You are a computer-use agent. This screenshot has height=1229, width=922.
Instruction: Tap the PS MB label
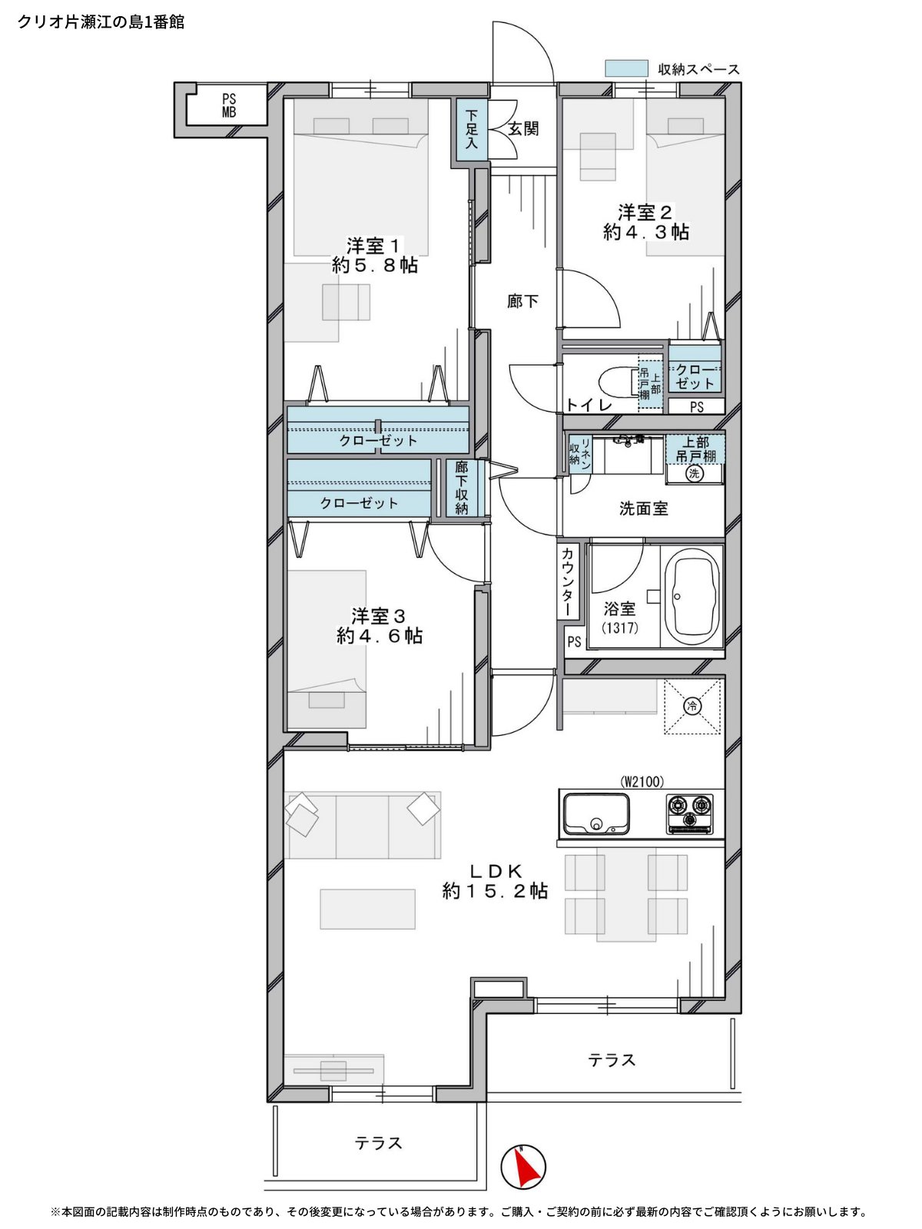coord(229,105)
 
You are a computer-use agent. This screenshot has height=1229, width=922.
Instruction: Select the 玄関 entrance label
coord(523,129)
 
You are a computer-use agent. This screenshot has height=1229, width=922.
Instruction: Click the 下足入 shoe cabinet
coord(471,129)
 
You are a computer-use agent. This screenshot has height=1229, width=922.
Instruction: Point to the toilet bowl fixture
coord(618,383)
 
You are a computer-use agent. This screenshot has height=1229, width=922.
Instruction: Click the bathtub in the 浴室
coord(696,597)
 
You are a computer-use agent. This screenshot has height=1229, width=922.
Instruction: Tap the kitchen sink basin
coord(595,813)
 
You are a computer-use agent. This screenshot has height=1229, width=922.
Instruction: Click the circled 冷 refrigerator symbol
coord(692,706)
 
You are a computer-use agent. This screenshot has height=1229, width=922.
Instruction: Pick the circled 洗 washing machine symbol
coord(694,474)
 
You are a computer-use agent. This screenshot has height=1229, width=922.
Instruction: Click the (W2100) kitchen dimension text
coord(642,781)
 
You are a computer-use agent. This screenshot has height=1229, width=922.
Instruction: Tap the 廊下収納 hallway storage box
coord(461,488)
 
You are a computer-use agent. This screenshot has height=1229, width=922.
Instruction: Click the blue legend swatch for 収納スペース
coord(626,68)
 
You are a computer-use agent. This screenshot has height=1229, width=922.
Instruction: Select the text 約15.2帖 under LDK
coord(495,891)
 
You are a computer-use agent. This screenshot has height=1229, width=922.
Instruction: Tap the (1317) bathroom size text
coord(620,628)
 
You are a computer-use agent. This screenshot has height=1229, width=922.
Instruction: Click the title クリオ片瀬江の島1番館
coord(101,22)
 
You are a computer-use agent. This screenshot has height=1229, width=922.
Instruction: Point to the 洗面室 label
coord(643,508)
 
